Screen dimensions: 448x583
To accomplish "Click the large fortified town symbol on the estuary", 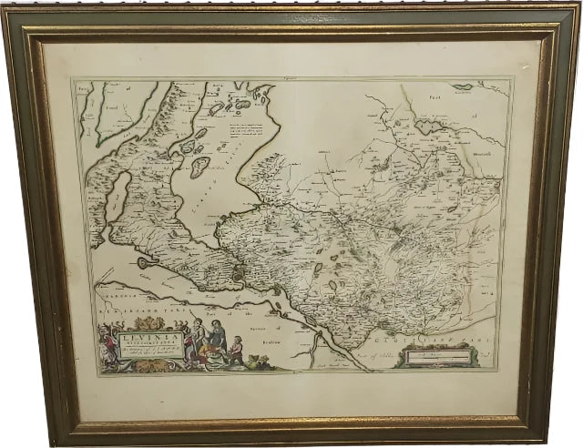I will [x=239, y=270].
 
